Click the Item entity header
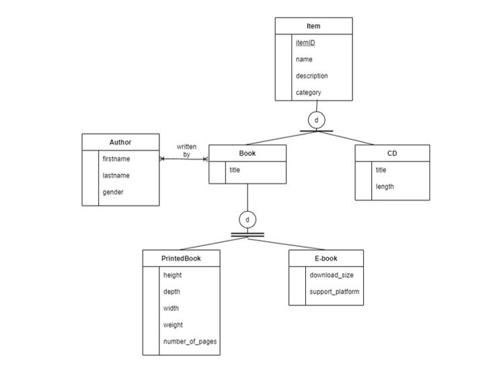point(313,26)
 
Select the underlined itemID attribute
point(305,43)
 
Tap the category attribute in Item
point(309,92)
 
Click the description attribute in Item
point(312,76)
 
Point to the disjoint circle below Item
point(316,120)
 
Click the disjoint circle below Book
point(247,219)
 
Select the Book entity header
point(247,153)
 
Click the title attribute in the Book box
point(235,170)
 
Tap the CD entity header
point(392,153)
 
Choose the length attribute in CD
point(385,186)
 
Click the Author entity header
point(120,143)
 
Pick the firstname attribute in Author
point(116,159)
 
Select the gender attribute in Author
point(113,192)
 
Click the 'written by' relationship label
point(186,151)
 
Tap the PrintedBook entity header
point(181,258)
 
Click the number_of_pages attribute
point(190,341)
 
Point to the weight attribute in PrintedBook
point(173,325)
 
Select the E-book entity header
point(326,258)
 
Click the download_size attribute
point(332,275)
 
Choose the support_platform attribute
point(334,292)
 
